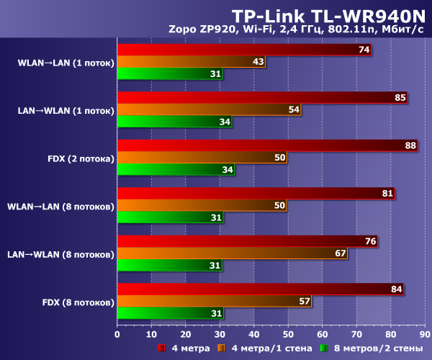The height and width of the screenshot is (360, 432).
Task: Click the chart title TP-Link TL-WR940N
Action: point(330,15)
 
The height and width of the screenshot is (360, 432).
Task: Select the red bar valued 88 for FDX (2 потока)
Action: point(266,145)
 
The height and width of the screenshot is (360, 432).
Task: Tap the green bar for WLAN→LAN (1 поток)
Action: point(170,74)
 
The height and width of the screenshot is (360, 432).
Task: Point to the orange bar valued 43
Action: point(191,62)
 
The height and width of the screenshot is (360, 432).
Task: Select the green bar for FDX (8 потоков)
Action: point(170,313)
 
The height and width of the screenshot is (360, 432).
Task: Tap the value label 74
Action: point(363,50)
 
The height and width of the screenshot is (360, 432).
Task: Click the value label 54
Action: point(294,109)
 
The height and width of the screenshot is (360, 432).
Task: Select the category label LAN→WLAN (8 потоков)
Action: point(60,254)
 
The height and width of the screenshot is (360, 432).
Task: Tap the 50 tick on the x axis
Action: point(288,334)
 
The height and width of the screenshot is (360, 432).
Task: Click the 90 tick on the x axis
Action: point(425,334)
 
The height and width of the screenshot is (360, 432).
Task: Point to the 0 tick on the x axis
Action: point(117,334)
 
